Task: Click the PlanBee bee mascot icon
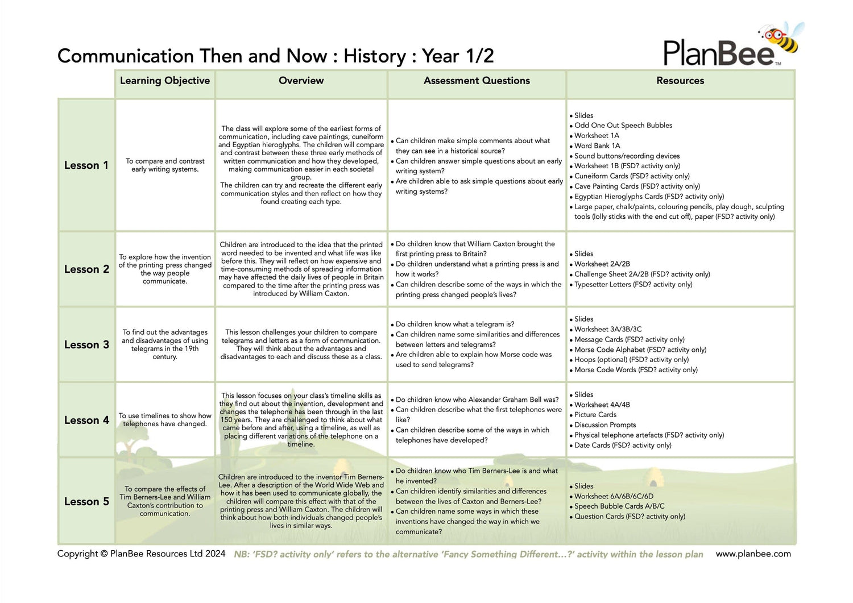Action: click(x=782, y=38)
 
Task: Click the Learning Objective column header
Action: click(x=165, y=81)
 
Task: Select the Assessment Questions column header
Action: click(x=477, y=81)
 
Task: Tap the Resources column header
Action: click(x=680, y=81)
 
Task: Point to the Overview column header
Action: click(x=301, y=81)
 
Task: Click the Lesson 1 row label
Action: click(x=86, y=165)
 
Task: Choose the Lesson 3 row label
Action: click(x=86, y=345)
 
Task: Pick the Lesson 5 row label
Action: click(x=86, y=502)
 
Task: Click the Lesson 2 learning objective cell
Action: click(x=165, y=269)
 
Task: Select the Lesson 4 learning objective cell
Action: click(x=165, y=420)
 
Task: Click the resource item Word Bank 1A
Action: click(x=597, y=146)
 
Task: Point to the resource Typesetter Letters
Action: click(x=633, y=285)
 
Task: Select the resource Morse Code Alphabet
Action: click(x=640, y=350)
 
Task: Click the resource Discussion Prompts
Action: click(x=605, y=425)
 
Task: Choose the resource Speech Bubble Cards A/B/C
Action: click(x=619, y=506)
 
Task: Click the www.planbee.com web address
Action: click(x=753, y=554)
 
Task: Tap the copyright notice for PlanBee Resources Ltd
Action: click(x=141, y=554)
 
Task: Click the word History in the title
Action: click(x=375, y=56)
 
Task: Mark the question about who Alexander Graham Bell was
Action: click(x=477, y=400)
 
